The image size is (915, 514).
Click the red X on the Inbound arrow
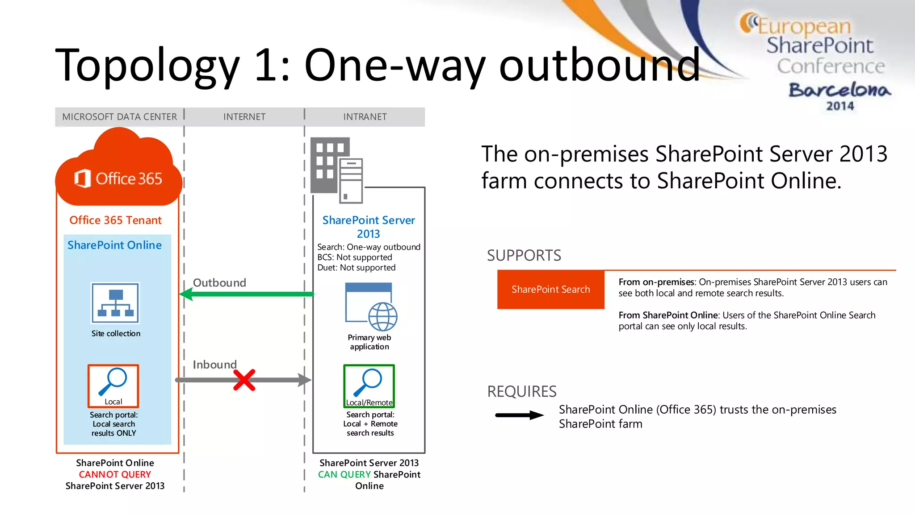(x=244, y=380)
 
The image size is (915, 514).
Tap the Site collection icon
(x=115, y=303)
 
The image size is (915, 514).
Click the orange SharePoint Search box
(x=550, y=290)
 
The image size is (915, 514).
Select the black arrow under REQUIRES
(x=519, y=415)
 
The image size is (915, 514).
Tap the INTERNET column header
(x=244, y=117)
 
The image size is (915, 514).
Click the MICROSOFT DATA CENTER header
(x=119, y=117)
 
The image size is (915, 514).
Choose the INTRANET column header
(x=365, y=117)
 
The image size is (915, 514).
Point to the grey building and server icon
(x=336, y=170)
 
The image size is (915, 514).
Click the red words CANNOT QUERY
(x=115, y=474)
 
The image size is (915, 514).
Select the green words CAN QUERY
(x=344, y=474)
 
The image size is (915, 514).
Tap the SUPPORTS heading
(x=524, y=256)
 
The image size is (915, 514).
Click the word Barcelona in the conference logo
(x=839, y=90)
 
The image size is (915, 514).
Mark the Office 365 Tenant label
(x=115, y=220)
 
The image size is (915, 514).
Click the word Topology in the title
(x=147, y=66)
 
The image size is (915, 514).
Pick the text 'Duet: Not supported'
(x=356, y=268)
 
